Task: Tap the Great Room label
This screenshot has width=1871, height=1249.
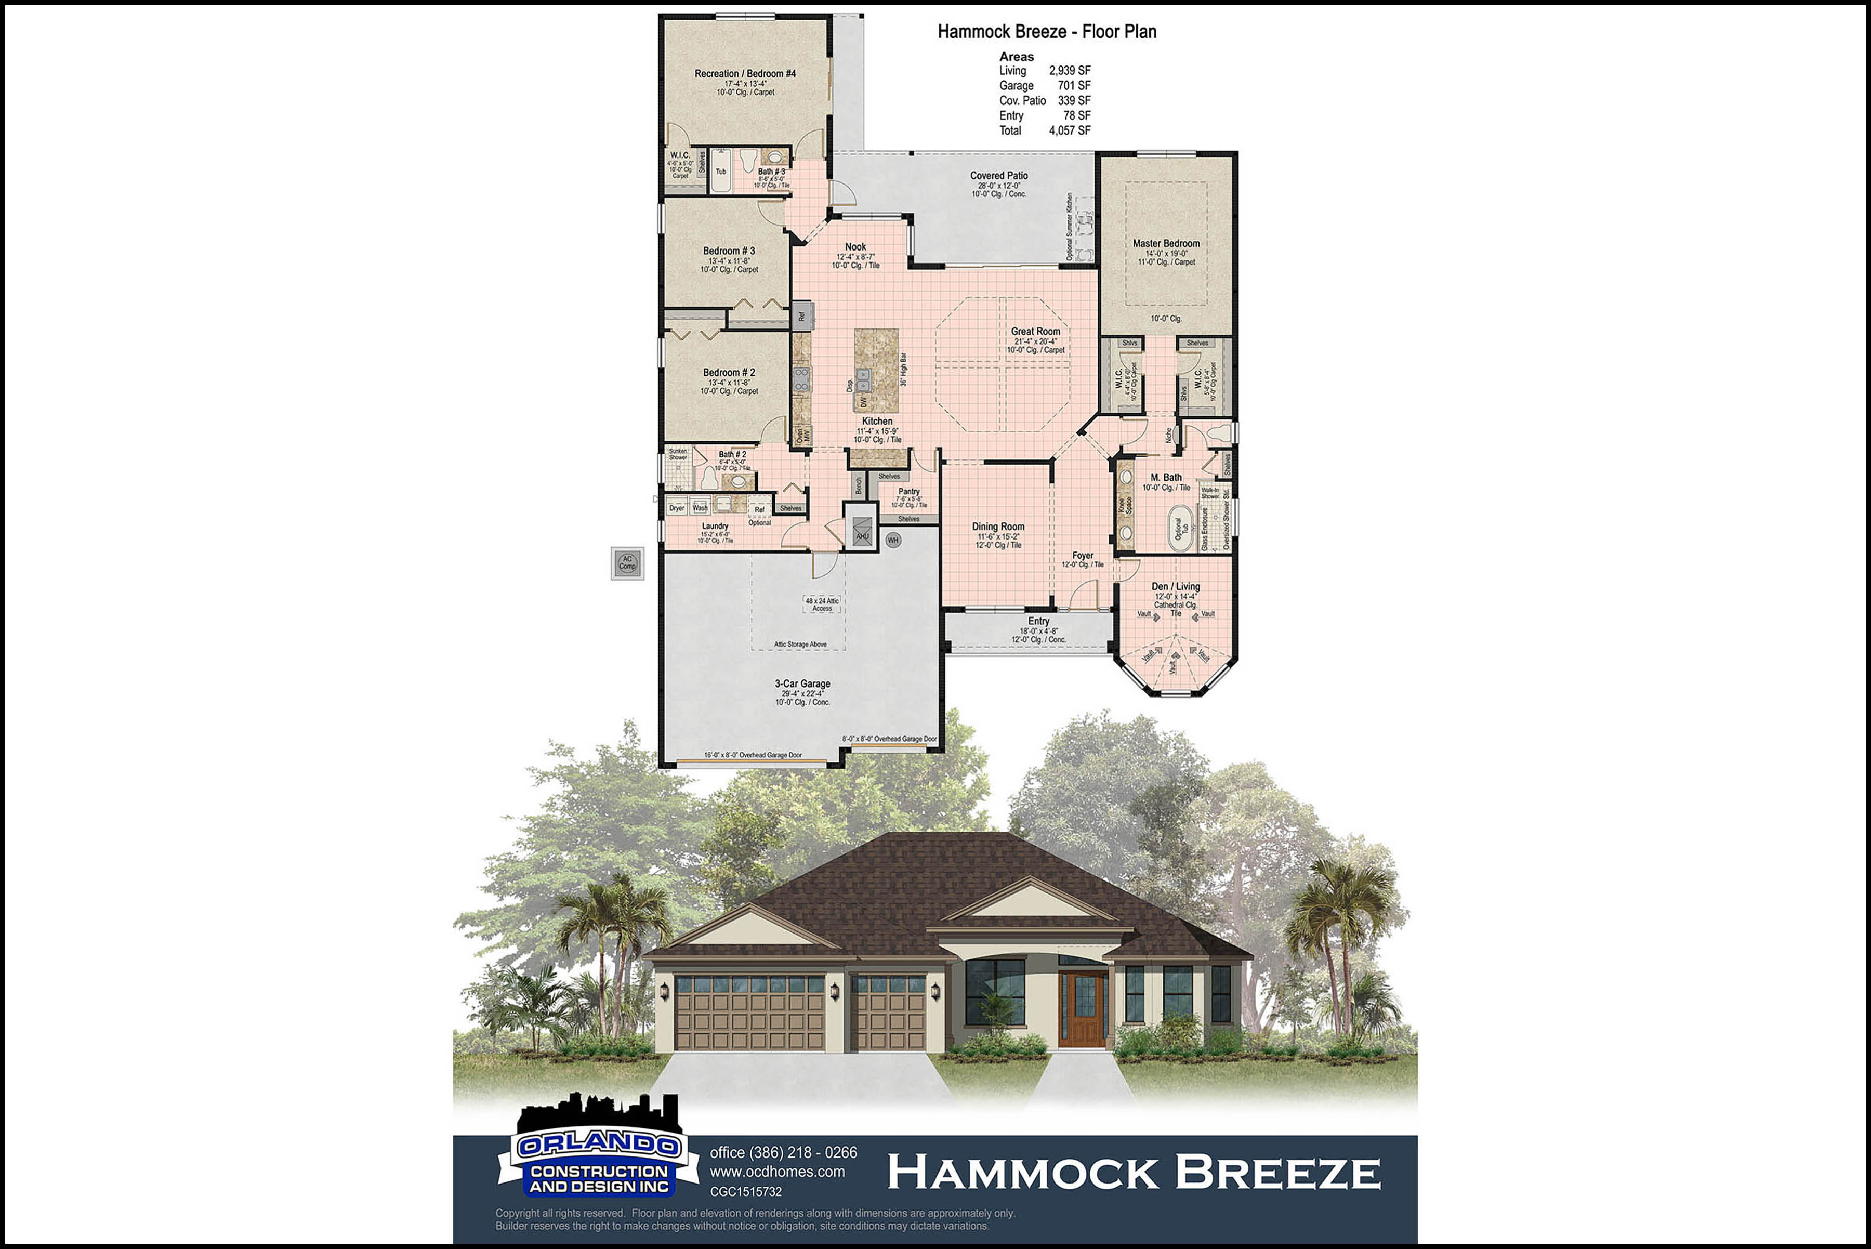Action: [1035, 332]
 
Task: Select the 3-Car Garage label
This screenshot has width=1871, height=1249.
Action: [802, 683]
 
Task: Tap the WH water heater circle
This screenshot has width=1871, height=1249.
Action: [893, 540]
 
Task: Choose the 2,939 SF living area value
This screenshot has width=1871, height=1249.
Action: [1069, 71]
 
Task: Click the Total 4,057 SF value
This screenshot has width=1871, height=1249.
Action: [1069, 130]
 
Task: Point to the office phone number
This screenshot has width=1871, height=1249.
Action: [783, 1153]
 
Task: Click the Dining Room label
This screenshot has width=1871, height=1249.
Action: [997, 527]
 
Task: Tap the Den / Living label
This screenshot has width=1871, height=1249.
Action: [1175, 586]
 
